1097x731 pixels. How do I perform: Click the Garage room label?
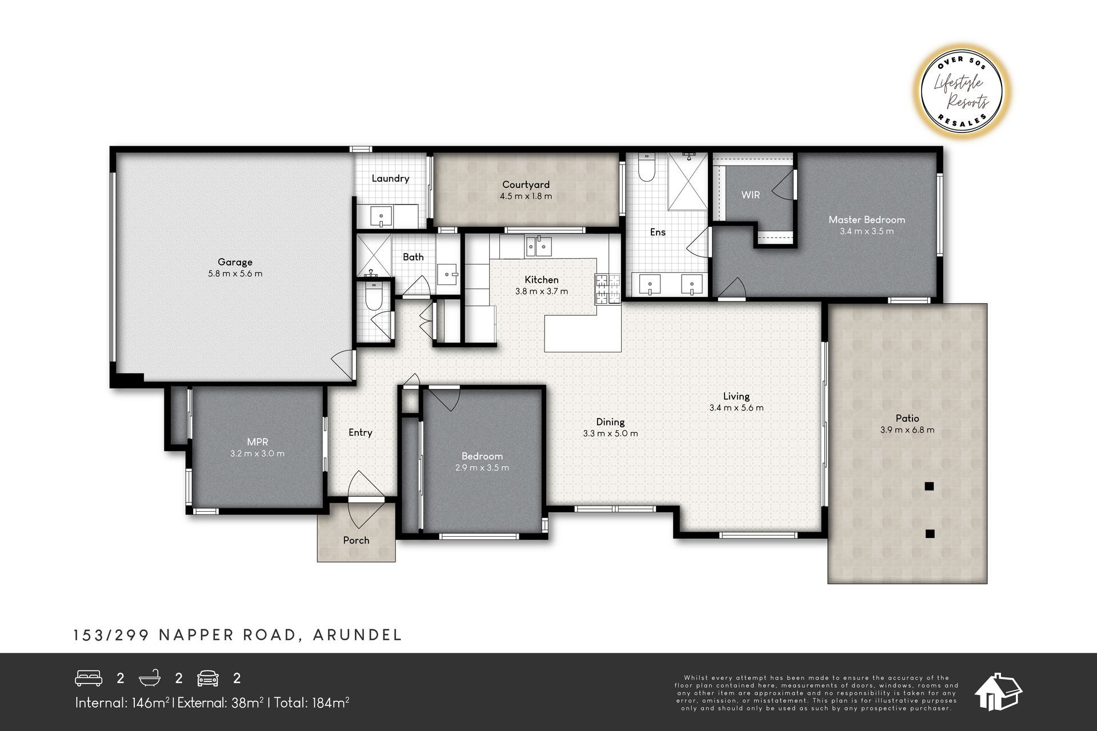point(235,262)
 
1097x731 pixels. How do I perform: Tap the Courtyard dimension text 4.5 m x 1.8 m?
point(526,196)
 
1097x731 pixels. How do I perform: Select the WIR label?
point(750,195)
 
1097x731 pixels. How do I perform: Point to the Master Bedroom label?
point(867,219)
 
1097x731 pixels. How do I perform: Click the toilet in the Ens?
point(646,168)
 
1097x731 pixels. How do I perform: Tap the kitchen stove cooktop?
point(607,289)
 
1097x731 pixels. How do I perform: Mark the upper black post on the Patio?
point(930,487)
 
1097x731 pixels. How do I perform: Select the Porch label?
point(356,540)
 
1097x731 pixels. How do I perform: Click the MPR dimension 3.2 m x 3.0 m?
point(257,453)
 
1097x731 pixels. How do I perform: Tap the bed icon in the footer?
point(89,678)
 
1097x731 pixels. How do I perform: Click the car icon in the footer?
point(208,678)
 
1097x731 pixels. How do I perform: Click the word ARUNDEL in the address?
point(358,635)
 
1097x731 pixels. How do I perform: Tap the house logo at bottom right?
point(998,692)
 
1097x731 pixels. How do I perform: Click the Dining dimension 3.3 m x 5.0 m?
point(610,433)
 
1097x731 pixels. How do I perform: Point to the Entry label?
point(361,432)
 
